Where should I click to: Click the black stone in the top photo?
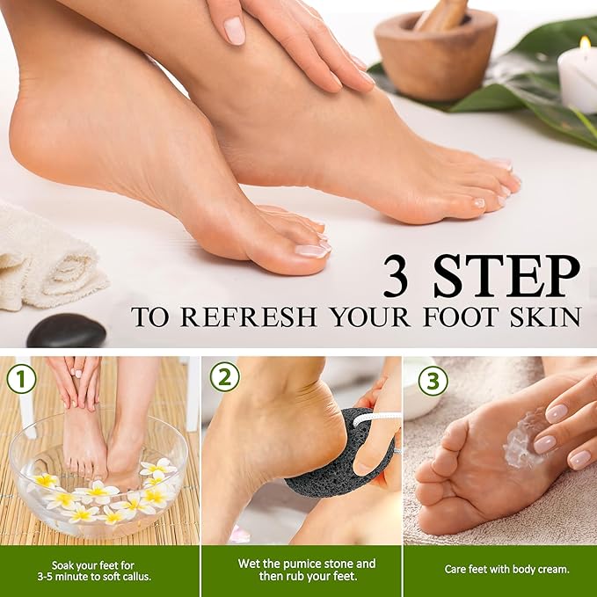pyautogui.click(x=66, y=331)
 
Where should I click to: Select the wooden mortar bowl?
pyautogui.click(x=434, y=59)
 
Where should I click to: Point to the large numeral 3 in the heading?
pyautogui.click(x=400, y=277)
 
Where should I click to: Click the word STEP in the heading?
pyautogui.click(x=506, y=277)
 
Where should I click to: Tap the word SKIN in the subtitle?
pyautogui.click(x=545, y=317)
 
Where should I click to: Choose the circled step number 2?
pyautogui.click(x=223, y=377)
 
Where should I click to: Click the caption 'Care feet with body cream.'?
pyautogui.click(x=500, y=569)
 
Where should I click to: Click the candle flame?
pyautogui.click(x=585, y=42)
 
